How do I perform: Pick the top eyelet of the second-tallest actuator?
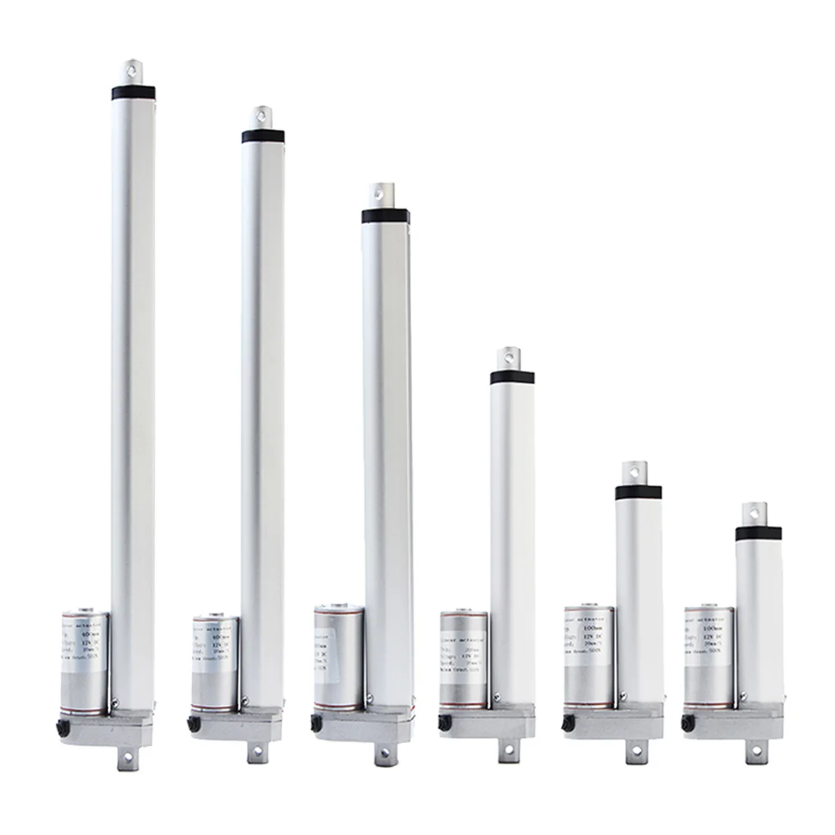coord(261,115)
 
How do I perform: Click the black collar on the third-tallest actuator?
coord(380,215)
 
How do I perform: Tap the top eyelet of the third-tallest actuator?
coord(381,192)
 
